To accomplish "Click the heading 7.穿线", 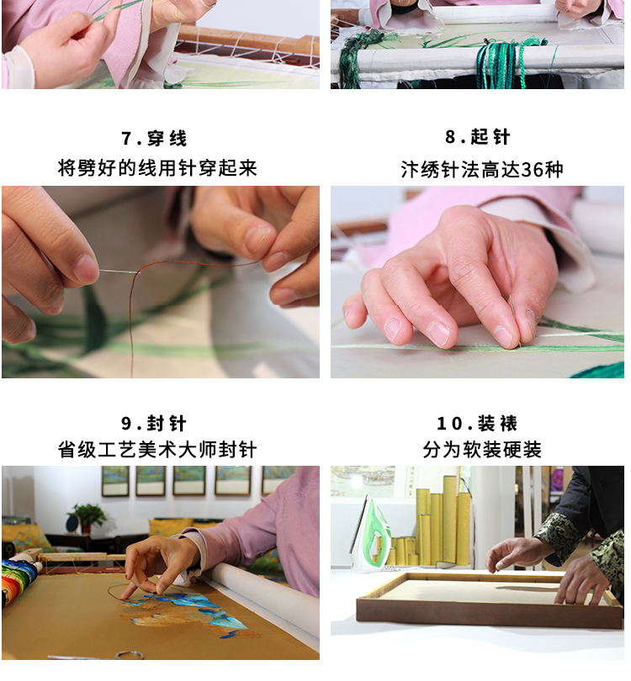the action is coord(154,139).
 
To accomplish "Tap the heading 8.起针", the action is coord(477,137).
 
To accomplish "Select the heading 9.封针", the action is coord(154,424).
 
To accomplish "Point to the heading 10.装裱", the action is coord(477,424).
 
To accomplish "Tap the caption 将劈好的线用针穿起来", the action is coord(157,168).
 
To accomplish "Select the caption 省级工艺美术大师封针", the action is coord(157,450).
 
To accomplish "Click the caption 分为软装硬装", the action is coord(482,450).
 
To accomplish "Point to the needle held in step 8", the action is coord(514,320).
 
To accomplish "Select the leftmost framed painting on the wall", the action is coord(115,481).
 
